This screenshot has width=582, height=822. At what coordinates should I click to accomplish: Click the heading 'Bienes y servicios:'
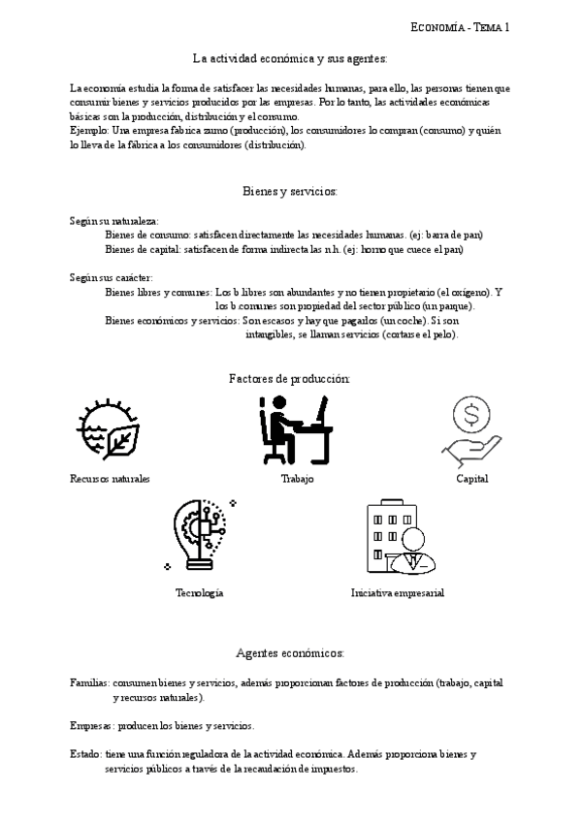click(x=290, y=191)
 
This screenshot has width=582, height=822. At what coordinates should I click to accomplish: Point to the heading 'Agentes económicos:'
click(x=290, y=652)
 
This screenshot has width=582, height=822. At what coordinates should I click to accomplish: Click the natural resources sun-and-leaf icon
click(x=108, y=430)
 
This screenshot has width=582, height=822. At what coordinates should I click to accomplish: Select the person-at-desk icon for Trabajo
click(x=296, y=429)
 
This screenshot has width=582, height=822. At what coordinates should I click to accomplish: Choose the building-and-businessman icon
click(x=398, y=539)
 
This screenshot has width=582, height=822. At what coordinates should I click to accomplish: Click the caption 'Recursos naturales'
click(x=110, y=479)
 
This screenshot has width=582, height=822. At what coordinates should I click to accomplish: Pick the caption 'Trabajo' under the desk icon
click(x=297, y=479)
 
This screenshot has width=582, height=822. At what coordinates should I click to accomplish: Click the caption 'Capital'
click(x=472, y=479)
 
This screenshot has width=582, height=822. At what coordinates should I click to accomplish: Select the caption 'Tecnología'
click(x=200, y=592)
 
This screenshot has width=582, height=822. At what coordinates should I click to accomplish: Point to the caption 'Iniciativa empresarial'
click(x=398, y=592)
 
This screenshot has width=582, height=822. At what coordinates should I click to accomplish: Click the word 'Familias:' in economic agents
click(x=90, y=683)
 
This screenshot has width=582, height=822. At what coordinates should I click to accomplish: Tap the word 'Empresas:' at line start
click(x=92, y=725)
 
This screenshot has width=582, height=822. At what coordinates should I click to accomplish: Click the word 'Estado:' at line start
click(x=86, y=753)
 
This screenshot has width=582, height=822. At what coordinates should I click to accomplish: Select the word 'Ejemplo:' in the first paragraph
click(x=90, y=130)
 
